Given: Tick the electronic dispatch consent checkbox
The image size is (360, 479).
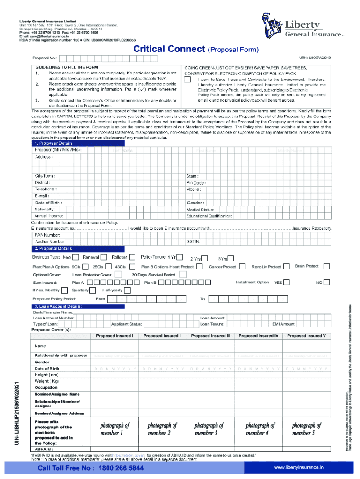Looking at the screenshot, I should (x=188, y=80).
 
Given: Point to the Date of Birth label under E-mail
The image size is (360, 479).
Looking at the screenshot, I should (x=49, y=203).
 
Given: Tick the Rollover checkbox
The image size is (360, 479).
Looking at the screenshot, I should (x=132, y=257).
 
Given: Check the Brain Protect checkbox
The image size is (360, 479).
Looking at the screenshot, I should (x=325, y=266).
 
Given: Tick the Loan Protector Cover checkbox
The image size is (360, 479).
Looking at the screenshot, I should (x=119, y=275).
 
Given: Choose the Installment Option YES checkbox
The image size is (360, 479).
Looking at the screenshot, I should (x=287, y=283).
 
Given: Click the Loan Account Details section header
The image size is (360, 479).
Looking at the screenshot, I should (x=58, y=306).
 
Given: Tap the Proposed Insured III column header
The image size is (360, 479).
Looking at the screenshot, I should (x=211, y=336).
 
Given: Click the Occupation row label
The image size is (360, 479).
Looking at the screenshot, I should (x=46, y=387).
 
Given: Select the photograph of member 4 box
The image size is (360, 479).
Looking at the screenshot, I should (x=258, y=429).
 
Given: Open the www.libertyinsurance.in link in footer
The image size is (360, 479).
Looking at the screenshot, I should (x=298, y=467).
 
